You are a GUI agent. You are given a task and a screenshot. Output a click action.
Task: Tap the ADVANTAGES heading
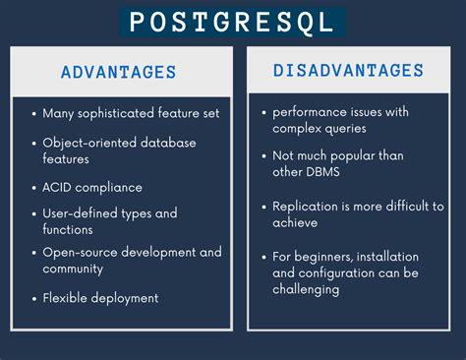click(118, 72)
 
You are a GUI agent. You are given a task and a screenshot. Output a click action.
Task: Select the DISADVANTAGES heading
click(348, 71)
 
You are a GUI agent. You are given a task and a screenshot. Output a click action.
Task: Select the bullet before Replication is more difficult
click(265, 208)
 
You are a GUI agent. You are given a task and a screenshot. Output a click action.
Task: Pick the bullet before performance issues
click(265, 113)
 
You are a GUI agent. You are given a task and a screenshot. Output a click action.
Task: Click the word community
click(74, 269)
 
